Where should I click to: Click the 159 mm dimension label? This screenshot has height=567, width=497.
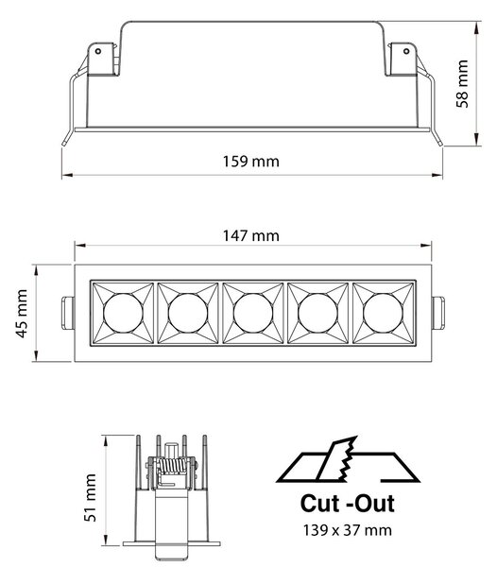250,162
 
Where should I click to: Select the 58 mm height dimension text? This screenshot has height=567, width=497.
462,84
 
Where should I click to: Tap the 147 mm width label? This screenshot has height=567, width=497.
250,235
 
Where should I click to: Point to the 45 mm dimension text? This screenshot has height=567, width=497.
22,314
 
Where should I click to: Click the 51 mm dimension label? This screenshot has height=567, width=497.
91,498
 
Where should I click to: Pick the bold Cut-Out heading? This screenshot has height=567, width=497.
348,504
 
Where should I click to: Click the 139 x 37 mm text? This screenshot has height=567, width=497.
348,530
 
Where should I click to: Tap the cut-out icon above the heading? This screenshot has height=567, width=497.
348,459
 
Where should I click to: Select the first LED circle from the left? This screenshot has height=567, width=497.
123,313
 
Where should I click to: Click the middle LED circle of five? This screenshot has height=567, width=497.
253,313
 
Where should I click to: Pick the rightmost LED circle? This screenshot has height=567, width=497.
383,313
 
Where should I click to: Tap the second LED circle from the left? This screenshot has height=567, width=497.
188,313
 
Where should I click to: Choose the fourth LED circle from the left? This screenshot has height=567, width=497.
318,313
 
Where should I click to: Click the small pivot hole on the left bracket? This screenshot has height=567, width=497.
98,51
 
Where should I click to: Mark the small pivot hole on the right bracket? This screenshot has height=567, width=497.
406,51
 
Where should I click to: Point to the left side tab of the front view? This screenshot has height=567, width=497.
68,313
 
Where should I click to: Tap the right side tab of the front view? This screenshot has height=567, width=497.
438,313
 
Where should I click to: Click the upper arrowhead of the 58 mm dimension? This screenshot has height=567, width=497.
477,27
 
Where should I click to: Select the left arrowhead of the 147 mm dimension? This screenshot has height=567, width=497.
80,246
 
